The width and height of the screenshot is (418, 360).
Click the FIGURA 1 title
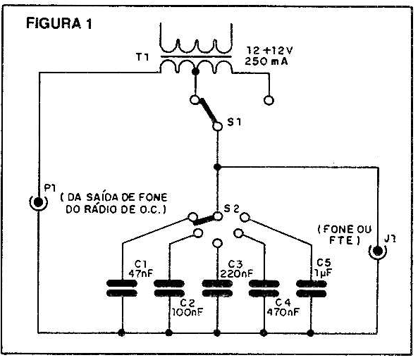point(59,23)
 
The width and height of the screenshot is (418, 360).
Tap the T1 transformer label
point(142,57)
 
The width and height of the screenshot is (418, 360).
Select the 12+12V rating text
point(269,50)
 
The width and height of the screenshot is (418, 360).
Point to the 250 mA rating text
point(266,61)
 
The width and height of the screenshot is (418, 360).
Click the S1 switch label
point(234,122)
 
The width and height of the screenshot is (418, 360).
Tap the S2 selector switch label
point(231,209)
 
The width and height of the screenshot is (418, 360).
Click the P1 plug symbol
point(38,202)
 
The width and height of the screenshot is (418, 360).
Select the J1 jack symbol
point(378,251)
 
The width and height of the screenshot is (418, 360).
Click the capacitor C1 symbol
point(122,288)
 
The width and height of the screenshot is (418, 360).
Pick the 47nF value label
point(141,273)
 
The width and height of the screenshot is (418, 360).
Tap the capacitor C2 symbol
point(169,288)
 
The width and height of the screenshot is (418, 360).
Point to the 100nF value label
point(188,312)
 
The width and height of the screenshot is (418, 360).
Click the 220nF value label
point(236,273)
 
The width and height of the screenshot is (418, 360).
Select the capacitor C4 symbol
point(264,288)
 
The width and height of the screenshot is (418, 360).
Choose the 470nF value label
point(283,312)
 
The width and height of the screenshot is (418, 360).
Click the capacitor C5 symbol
point(311,288)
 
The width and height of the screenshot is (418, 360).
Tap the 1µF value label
point(323,273)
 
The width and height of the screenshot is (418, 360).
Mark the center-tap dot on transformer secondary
point(196,72)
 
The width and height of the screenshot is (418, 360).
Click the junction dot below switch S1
point(218,167)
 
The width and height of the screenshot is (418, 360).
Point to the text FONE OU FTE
point(345,235)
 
